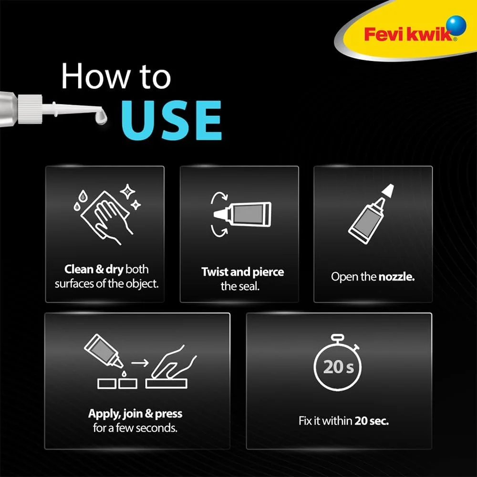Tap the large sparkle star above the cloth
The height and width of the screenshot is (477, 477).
point(127,192)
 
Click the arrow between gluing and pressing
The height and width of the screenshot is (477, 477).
point(139,363)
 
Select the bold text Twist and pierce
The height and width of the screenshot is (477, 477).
point(242,272)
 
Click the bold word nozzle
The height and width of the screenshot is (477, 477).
point(396,277)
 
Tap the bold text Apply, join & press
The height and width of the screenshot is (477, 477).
point(135,414)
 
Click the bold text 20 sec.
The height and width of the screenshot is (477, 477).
point(372,421)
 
